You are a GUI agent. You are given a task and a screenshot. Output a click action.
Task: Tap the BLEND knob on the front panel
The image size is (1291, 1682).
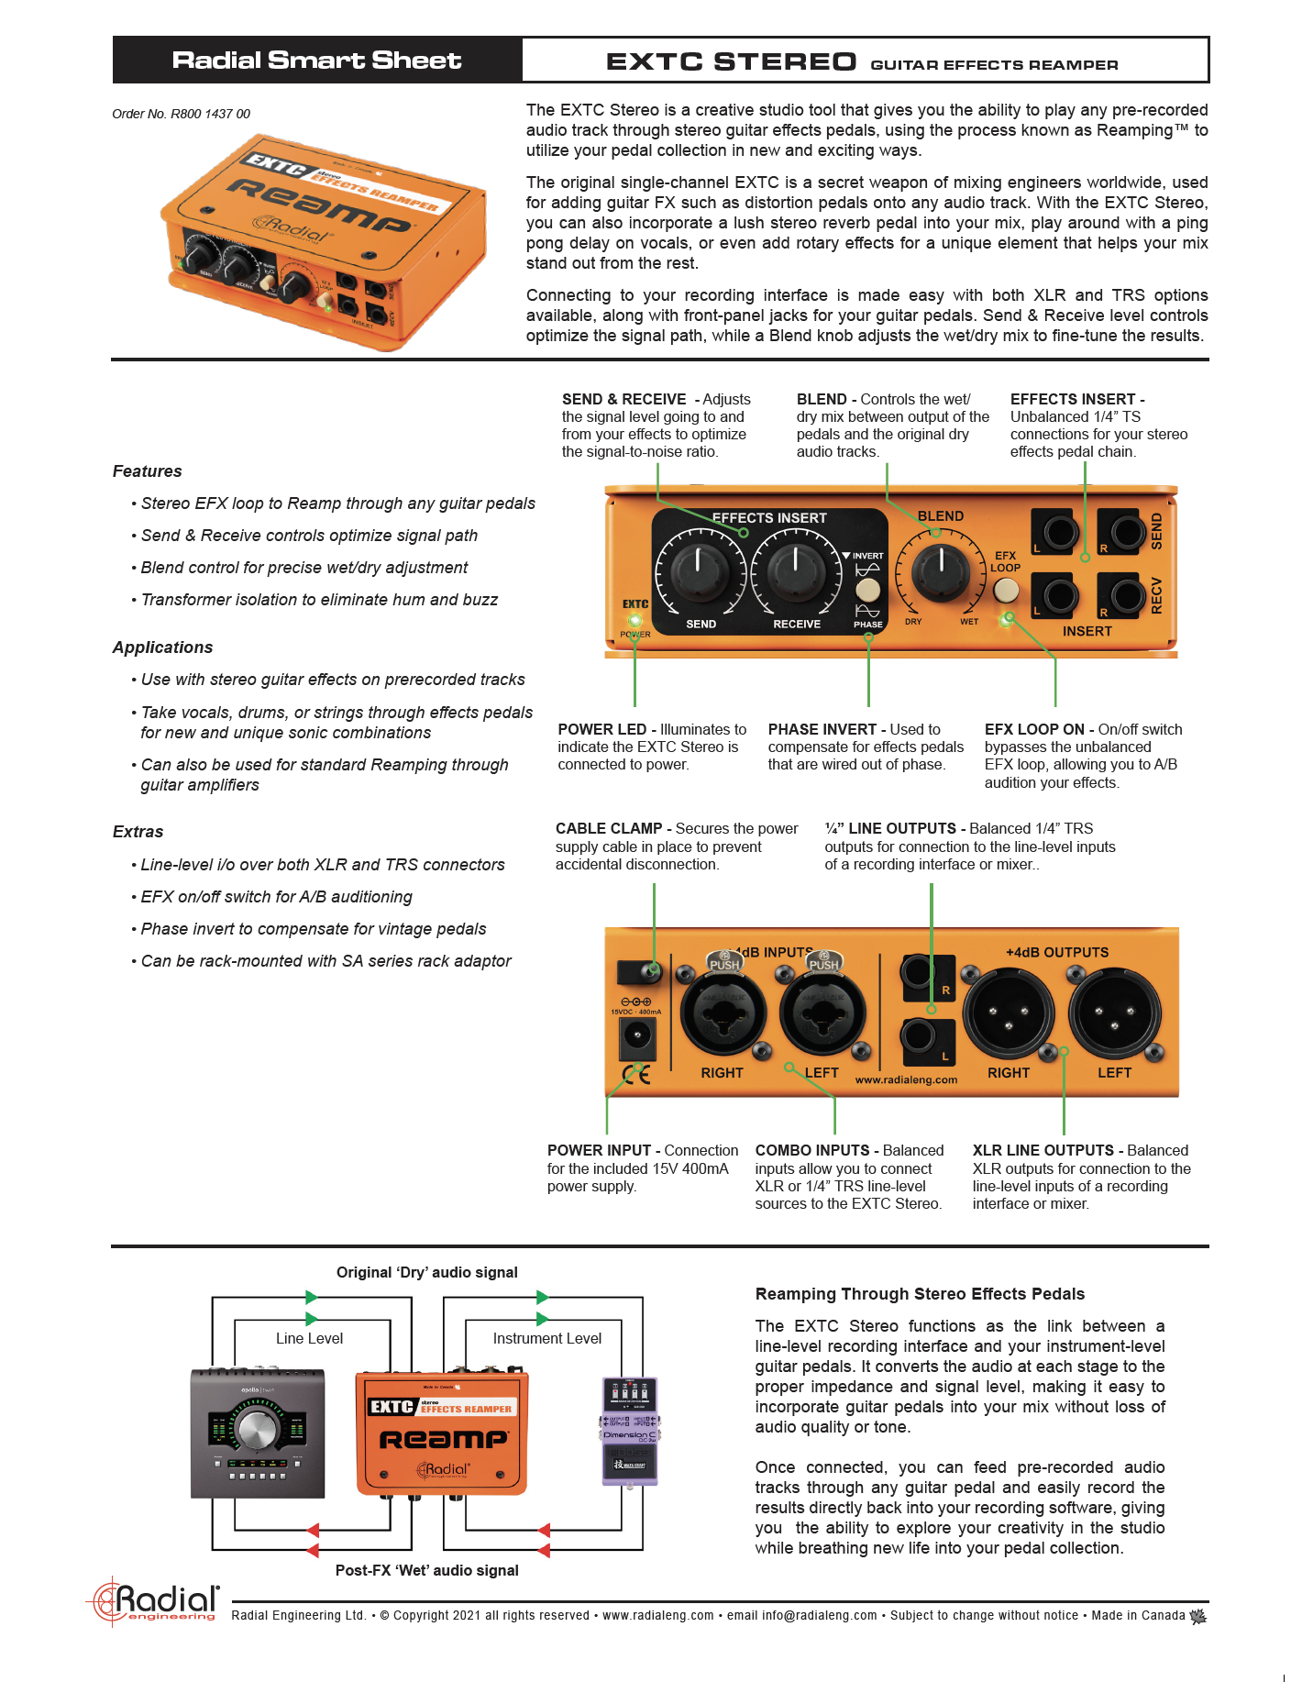[940, 571]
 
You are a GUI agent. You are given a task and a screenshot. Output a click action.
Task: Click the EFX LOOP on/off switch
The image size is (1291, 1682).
[1006, 591]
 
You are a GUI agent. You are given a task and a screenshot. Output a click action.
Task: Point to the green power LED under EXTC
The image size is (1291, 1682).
[634, 620]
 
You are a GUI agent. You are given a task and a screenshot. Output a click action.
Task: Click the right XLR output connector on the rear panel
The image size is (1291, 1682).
[1008, 1013]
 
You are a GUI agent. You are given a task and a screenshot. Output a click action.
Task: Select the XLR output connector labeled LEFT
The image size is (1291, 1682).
[1114, 1013]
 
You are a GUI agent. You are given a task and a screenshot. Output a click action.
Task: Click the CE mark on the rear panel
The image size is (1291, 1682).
[636, 1074]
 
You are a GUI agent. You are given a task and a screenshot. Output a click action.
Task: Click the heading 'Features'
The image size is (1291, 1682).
[148, 471]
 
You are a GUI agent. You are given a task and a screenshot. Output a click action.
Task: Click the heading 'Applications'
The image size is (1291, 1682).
[163, 647]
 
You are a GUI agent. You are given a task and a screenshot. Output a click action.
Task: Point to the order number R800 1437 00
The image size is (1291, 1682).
[182, 114]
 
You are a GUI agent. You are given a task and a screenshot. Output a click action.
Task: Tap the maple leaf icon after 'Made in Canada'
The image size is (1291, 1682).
[1197, 1616]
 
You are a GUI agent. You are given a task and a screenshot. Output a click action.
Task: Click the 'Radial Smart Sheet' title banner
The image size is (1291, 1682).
[317, 61]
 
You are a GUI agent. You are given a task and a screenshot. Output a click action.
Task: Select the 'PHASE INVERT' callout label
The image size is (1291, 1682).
[822, 729]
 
